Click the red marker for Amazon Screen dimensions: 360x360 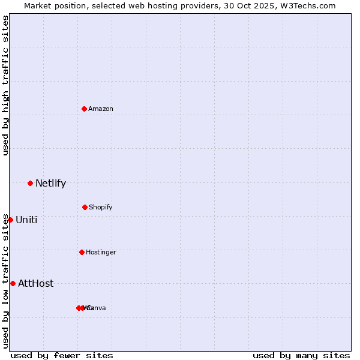tap(84, 109)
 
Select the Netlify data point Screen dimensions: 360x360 tap(30, 183)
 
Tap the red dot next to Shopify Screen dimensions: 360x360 tap(85, 207)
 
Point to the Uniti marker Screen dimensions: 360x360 tap(10, 220)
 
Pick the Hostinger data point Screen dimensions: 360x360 tap(82, 252)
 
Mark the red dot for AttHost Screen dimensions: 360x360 tap(13, 283)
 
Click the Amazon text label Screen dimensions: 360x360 tap(101, 109)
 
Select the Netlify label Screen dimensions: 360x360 tap(50, 183)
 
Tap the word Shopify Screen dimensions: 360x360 tap(101, 207)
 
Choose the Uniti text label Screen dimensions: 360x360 tap(26, 220)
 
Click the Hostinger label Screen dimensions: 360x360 tap(101, 252)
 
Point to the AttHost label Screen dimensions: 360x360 tap(36, 283)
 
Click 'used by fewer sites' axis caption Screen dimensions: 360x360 tap(62, 355)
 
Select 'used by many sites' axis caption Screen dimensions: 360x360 tap(301, 355)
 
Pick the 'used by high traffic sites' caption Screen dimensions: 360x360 tap(5, 85)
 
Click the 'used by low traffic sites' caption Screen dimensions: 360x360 tap(5, 281)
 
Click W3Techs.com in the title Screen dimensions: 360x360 tap(310, 5)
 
